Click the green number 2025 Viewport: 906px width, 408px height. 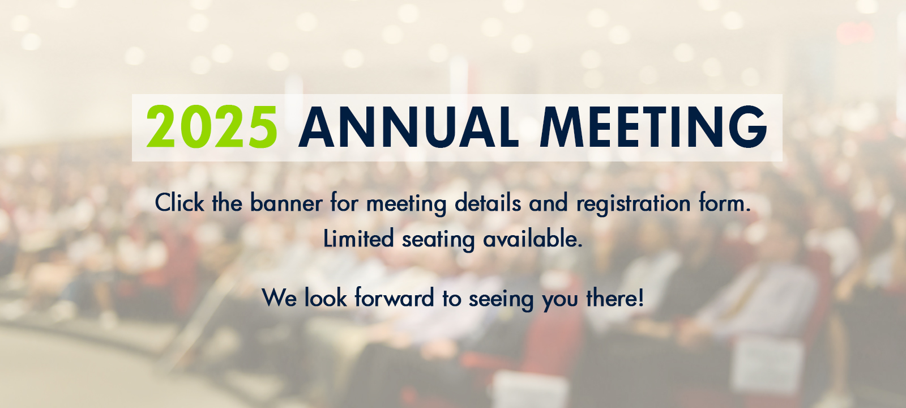[x=212, y=127]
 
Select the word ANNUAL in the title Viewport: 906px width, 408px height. [x=408, y=127]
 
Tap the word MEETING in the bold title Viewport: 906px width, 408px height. [x=653, y=127]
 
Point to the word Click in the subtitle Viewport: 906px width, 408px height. [x=180, y=202]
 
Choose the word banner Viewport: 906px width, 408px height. [x=287, y=202]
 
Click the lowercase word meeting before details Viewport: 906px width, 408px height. [x=406, y=203]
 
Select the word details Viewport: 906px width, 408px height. [x=488, y=202]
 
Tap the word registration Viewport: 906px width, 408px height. [x=634, y=203]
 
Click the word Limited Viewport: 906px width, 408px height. [x=358, y=238]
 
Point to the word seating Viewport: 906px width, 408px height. [x=438, y=239]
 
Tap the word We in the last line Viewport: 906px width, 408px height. [x=280, y=298]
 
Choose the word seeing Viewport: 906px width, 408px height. [x=501, y=299]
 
